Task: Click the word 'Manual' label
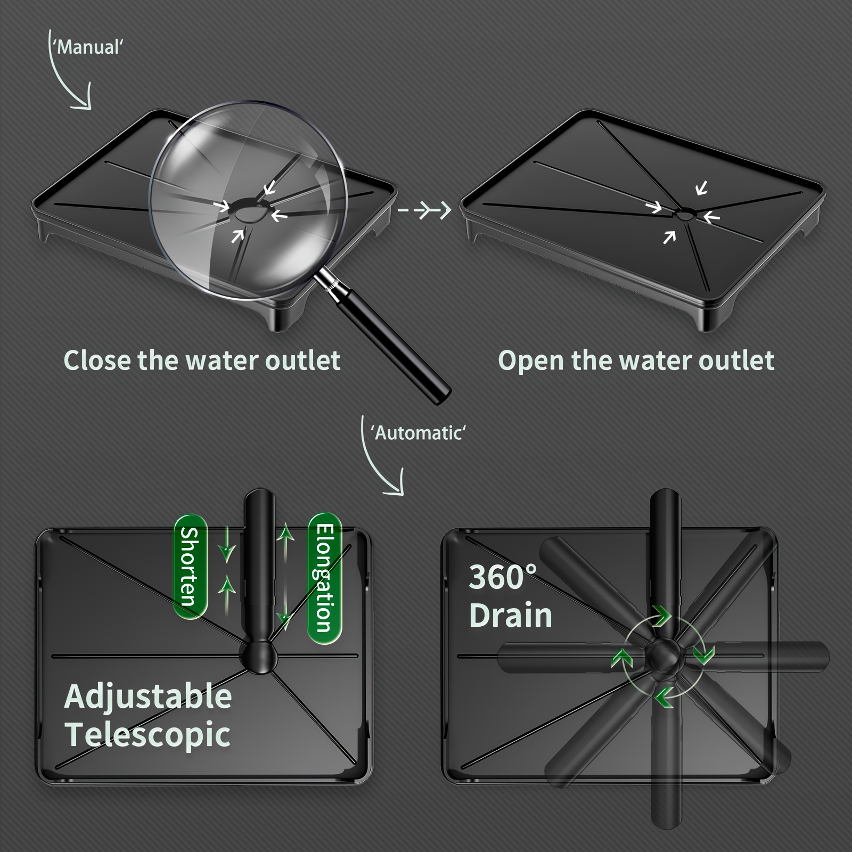coord(89,47)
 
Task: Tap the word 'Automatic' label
coord(418,432)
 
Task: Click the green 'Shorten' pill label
coord(190,567)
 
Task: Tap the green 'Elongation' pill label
coord(325,578)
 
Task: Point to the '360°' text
coord(502,577)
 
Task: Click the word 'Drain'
coord(511,615)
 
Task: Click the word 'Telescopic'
coord(148,735)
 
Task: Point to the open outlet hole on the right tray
coord(684,215)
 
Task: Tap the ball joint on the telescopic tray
coord(260,658)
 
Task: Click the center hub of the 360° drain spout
coord(663,656)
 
